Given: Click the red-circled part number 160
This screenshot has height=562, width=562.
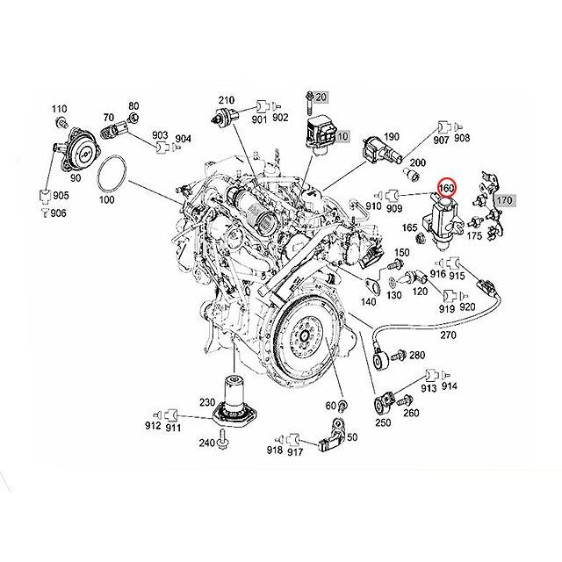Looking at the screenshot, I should click(x=445, y=187).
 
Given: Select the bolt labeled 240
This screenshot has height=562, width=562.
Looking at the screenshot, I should click(x=223, y=443).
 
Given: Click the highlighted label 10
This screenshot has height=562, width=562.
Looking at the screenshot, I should click(x=342, y=137).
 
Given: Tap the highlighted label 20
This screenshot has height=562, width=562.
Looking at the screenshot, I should click(x=321, y=97).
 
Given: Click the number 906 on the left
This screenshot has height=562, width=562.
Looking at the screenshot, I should click(x=58, y=213).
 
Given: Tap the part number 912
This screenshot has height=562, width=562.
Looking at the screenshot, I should click(x=153, y=427).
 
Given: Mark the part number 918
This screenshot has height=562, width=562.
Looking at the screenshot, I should click(x=274, y=451).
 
